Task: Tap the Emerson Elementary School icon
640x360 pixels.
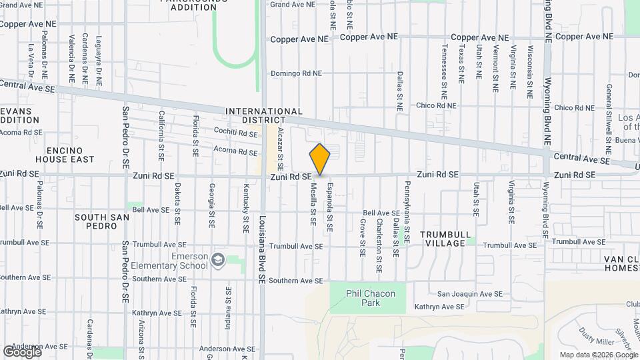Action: click(x=217, y=259)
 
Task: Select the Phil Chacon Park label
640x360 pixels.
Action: click(x=371, y=298)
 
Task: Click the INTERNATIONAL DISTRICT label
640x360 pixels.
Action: click(x=264, y=116)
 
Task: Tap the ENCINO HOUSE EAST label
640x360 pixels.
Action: click(x=70, y=155)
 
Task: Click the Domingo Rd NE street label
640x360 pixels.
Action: click(x=296, y=73)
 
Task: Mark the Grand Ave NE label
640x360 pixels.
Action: click(x=293, y=5)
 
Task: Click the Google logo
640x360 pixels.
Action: click(x=22, y=351)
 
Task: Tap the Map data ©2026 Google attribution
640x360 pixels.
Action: click(x=598, y=355)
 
